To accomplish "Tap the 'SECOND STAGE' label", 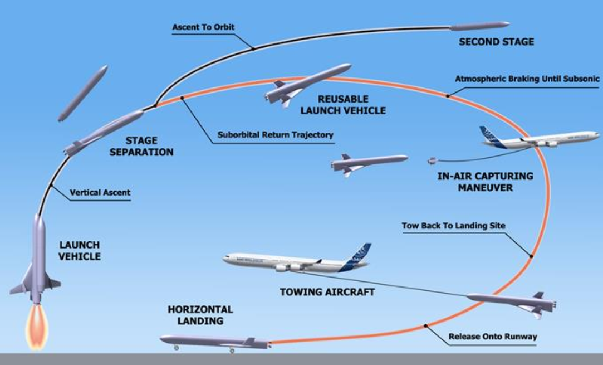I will click(496, 42).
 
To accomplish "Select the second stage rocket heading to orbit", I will click(479, 26).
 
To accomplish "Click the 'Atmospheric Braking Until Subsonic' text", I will click(527, 79).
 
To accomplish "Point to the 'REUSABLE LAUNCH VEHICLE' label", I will click(343, 105).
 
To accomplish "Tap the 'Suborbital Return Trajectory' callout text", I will click(275, 135).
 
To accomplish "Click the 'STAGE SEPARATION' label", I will click(141, 147).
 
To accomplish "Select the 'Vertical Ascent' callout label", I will click(100, 193).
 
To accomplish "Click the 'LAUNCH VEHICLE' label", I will click(79, 251).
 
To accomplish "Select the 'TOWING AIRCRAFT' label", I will click(327, 291).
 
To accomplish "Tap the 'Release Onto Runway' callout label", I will click(484, 337).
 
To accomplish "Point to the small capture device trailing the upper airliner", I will click(432, 161).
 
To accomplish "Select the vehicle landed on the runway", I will click(214, 341).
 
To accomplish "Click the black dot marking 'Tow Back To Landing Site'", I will click(531, 256).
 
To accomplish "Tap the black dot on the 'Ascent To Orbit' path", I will click(253, 49).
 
